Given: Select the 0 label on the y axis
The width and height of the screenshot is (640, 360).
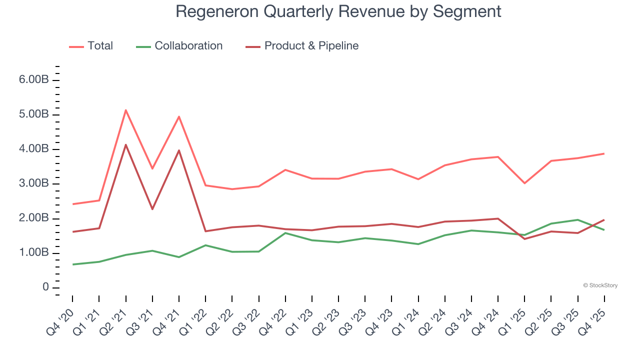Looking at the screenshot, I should tap(45, 287).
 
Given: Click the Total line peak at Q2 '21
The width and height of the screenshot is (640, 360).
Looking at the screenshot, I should tap(125, 110).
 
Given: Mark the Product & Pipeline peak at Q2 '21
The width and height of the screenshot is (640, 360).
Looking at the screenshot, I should tap(125, 144).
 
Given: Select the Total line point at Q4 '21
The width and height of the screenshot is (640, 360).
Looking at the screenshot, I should tap(178, 116).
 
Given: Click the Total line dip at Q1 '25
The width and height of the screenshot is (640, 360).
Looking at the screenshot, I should tap(524, 183).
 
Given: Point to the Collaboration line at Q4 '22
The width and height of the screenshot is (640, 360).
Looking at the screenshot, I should tap(285, 233).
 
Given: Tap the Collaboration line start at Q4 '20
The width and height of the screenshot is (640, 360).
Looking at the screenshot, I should tap(72, 264).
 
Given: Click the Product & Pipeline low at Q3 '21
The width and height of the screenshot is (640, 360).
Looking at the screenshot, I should tap(152, 209).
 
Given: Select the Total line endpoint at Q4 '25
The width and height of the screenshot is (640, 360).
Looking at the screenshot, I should tap(604, 153).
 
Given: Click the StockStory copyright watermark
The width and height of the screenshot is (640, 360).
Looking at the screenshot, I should tap(600, 285).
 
